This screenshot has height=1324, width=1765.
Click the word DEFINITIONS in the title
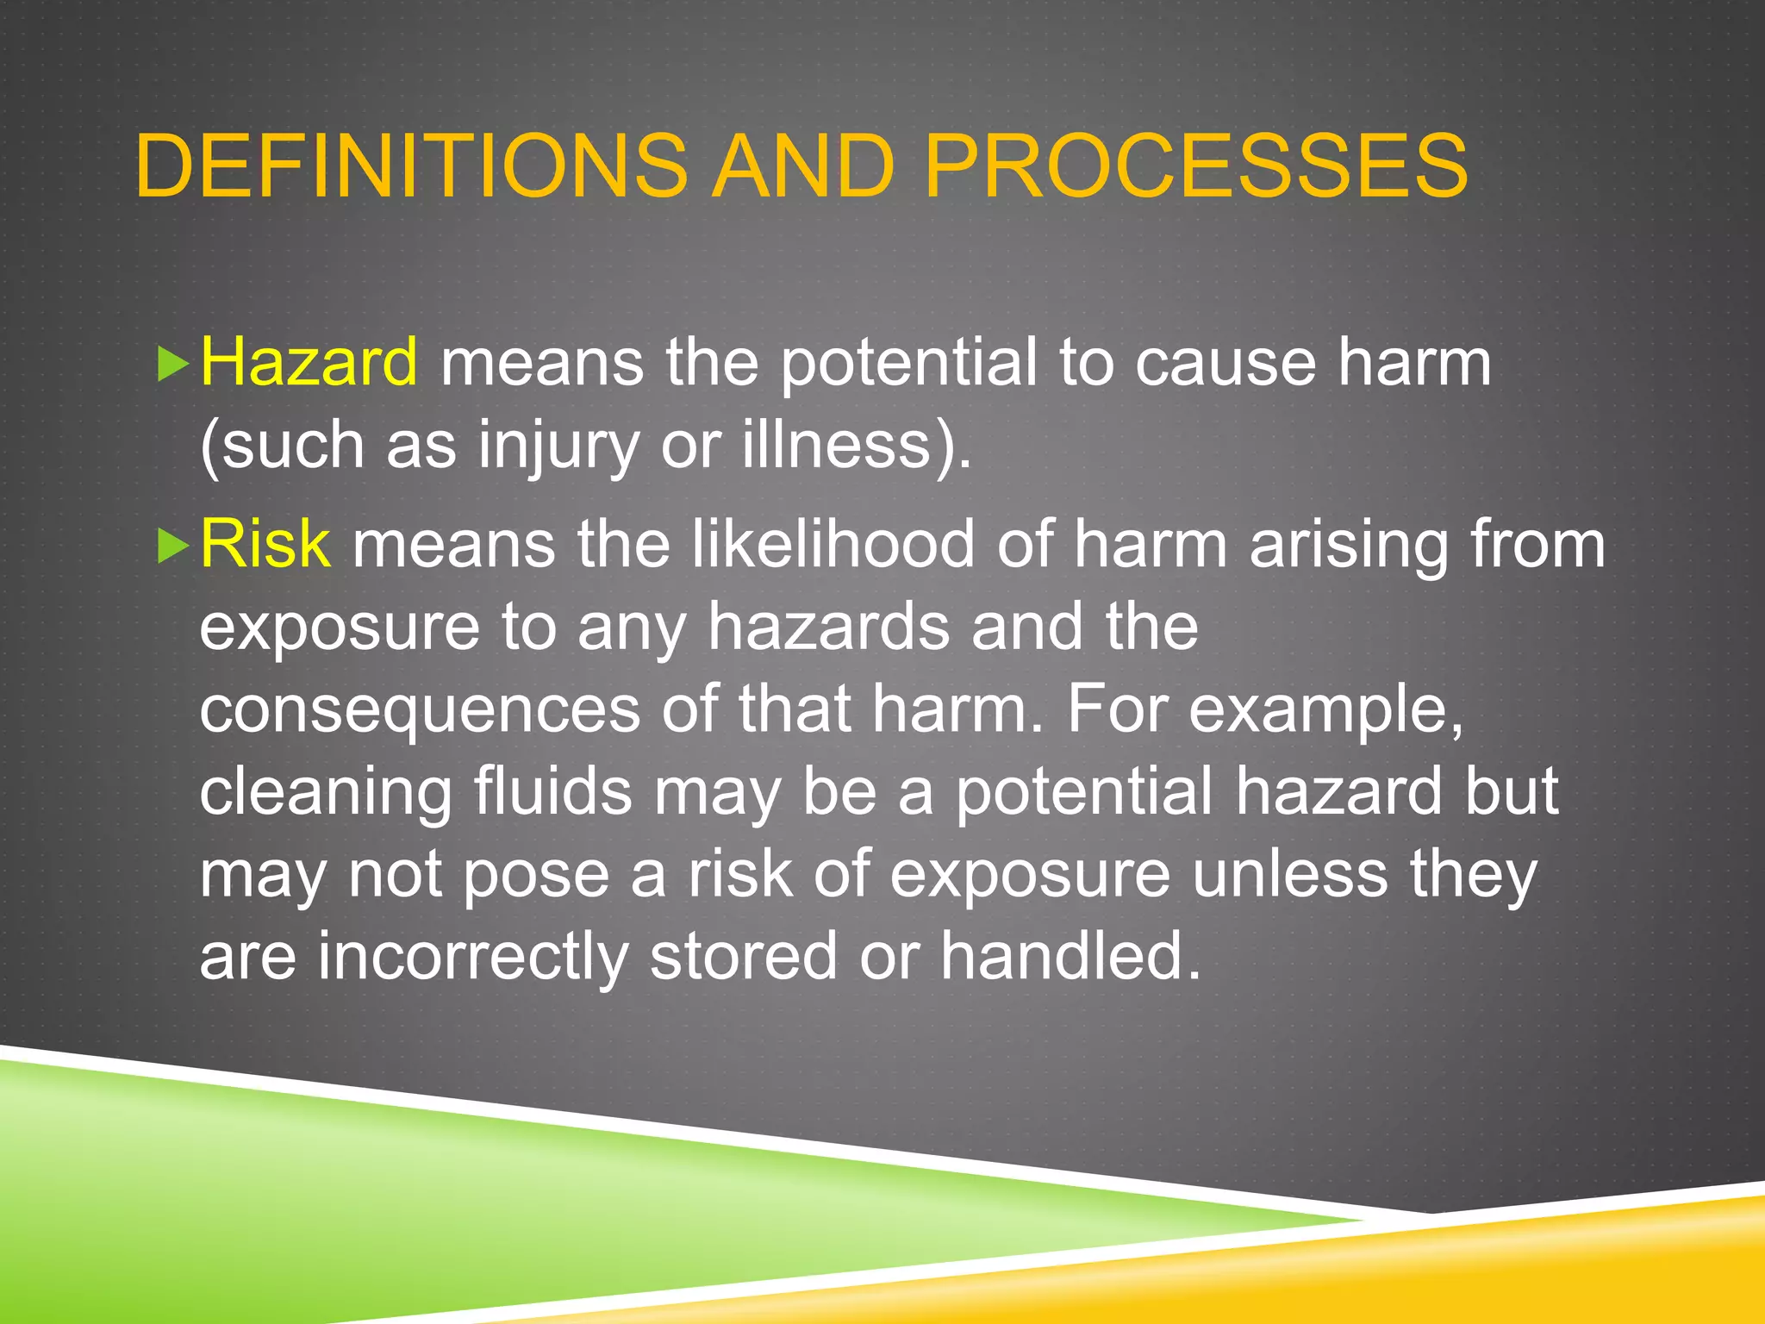point(412,165)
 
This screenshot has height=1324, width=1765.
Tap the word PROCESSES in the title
point(1195,165)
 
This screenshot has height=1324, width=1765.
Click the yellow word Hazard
point(309,362)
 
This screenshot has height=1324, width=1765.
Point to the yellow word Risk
point(265,544)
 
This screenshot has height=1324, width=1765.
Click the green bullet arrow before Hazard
point(173,365)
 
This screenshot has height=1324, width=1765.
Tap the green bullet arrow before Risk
point(173,546)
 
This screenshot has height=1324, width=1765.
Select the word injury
point(558,445)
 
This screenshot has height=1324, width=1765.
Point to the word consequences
point(420,709)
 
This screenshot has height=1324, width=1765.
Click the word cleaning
point(326,790)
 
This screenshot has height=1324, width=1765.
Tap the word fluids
point(553,790)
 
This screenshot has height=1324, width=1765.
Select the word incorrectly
point(473,956)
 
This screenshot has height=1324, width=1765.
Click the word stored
point(743,956)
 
